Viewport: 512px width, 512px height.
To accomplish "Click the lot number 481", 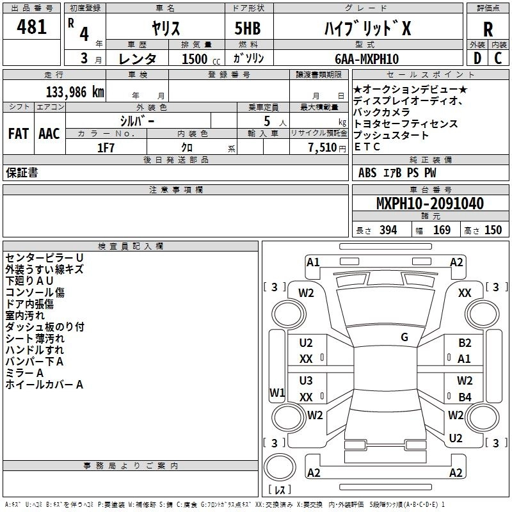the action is click(x=31, y=26).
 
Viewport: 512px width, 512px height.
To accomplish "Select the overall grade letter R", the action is click(x=488, y=29).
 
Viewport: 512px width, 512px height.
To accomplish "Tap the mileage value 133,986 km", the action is click(x=75, y=92).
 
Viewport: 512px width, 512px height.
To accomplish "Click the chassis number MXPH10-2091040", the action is click(x=430, y=204).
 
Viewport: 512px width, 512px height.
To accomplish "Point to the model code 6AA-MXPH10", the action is click(x=367, y=59).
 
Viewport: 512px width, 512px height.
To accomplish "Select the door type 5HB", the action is click(x=248, y=28).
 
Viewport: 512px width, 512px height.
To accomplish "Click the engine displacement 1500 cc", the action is click(x=201, y=59).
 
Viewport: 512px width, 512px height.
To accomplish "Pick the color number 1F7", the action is click(x=106, y=148).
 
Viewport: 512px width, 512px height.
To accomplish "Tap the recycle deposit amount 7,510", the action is click(x=323, y=148).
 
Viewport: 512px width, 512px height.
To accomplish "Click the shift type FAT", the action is click(x=19, y=134).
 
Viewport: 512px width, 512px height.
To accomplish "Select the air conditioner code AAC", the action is click(x=49, y=134).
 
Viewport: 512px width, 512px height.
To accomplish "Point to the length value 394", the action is click(x=388, y=230).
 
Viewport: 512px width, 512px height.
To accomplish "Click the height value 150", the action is click(x=493, y=230).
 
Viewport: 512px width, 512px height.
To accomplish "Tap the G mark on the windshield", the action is click(x=404, y=337).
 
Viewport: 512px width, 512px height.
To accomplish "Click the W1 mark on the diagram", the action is click(x=277, y=392).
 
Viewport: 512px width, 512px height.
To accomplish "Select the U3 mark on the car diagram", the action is click(x=306, y=381).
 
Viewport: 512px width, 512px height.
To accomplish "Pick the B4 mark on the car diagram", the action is click(x=465, y=397).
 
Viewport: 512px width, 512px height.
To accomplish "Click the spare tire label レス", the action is click(x=280, y=490).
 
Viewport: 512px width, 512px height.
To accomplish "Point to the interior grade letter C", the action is click(x=498, y=58).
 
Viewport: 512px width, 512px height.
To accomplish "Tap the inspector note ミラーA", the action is click(x=24, y=373).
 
